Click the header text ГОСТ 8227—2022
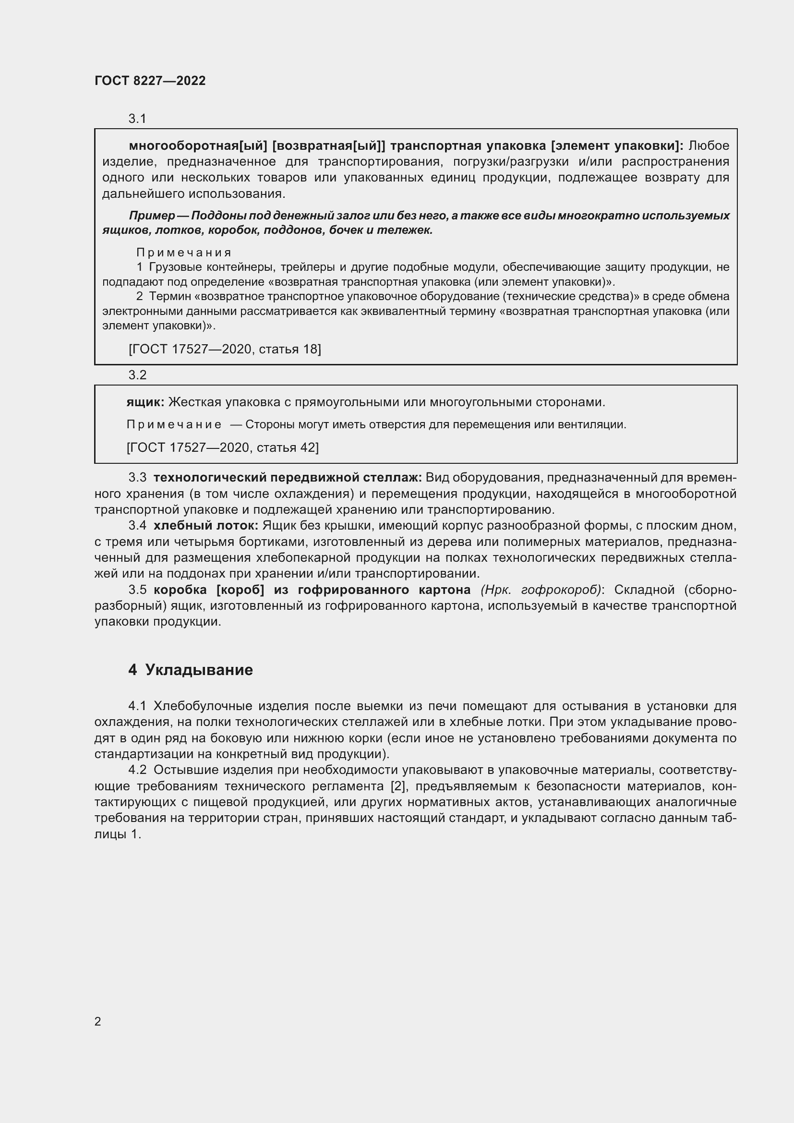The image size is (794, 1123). (150, 81)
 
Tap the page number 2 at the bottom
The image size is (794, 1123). (98, 1021)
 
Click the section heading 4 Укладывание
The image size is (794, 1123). (191, 670)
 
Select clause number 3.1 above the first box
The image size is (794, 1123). (137, 119)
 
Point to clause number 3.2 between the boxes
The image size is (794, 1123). (137, 374)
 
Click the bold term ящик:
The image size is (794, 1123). (145, 402)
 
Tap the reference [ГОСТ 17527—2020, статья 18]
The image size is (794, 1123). (224, 349)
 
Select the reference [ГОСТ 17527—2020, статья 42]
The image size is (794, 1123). (222, 447)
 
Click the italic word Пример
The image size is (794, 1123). (152, 216)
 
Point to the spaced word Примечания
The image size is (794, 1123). (183, 253)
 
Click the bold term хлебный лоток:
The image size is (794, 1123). (205, 526)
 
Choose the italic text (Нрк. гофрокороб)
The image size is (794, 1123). (541, 590)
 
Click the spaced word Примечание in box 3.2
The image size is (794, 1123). (174, 424)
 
